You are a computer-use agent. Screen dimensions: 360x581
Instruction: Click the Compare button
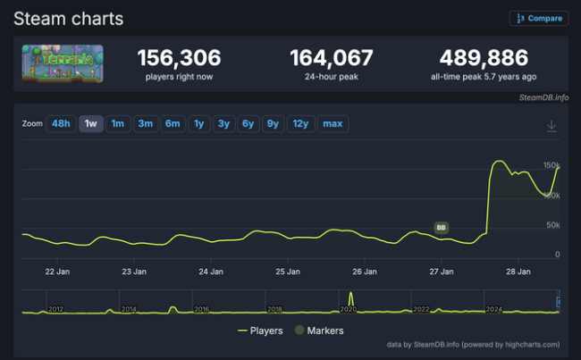click(x=539, y=18)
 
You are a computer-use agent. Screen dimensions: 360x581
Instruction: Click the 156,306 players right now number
click(x=179, y=58)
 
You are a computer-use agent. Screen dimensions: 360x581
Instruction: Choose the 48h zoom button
click(x=61, y=123)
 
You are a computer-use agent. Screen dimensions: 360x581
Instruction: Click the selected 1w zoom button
click(x=91, y=123)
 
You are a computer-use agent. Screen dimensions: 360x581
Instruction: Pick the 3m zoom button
click(x=145, y=123)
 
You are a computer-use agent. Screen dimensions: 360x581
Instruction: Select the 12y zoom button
click(x=299, y=123)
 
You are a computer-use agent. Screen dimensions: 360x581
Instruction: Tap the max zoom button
click(x=332, y=123)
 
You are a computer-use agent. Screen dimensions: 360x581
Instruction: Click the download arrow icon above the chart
click(x=552, y=126)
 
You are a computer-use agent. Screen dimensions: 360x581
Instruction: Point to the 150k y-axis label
click(x=552, y=165)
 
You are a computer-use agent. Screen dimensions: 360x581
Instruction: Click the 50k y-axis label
click(x=552, y=225)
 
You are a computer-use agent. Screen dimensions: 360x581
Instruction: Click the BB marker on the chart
click(x=441, y=228)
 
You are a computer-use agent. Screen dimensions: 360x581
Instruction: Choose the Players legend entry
click(x=260, y=331)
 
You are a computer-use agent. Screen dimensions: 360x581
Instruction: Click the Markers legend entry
click(x=319, y=331)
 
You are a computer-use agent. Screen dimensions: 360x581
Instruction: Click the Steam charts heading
click(x=68, y=18)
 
